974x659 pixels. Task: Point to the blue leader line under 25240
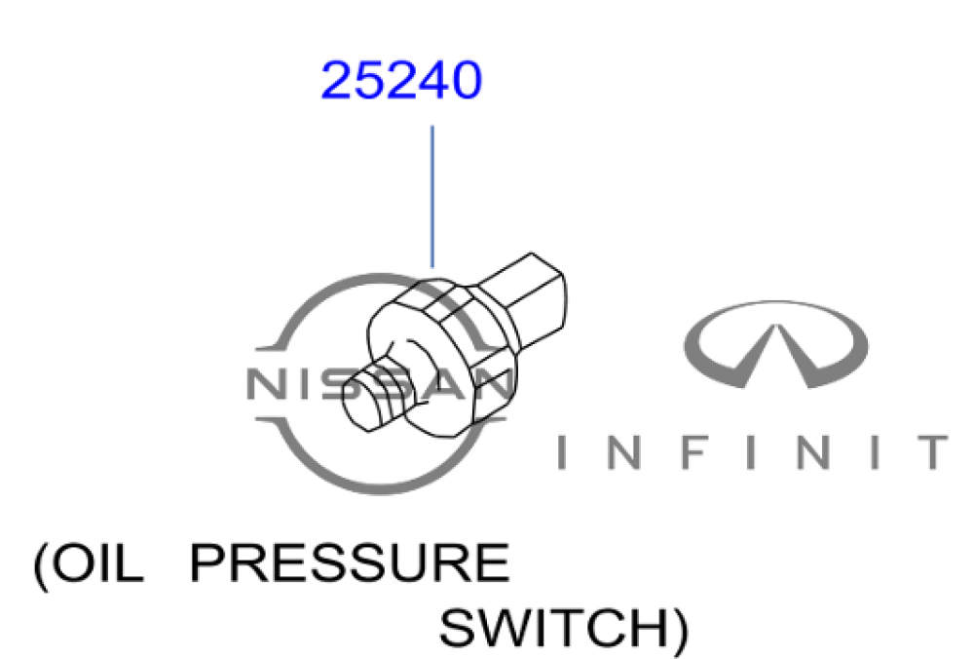(x=431, y=195)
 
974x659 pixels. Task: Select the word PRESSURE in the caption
(x=349, y=565)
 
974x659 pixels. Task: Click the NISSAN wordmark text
(x=380, y=385)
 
